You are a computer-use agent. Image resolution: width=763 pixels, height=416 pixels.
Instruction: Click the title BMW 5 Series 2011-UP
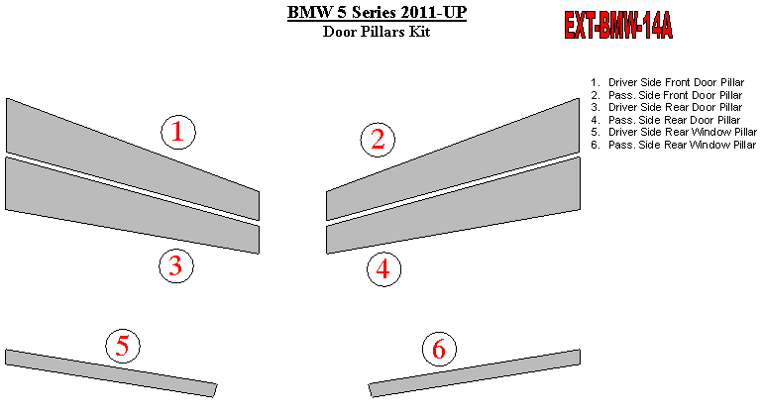point(377,12)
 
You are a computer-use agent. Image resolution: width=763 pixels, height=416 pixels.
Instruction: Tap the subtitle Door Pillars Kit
point(377,32)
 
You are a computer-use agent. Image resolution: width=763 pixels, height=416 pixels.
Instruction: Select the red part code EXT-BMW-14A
point(618,26)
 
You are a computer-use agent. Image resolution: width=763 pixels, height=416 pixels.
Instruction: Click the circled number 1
point(178,132)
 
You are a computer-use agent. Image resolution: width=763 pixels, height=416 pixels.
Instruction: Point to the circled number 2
point(378,140)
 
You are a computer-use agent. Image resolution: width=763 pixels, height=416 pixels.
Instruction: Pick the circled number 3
point(176,265)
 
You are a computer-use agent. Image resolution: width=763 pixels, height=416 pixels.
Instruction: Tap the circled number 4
point(383,269)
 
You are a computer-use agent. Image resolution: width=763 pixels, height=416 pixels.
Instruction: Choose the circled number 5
point(123,346)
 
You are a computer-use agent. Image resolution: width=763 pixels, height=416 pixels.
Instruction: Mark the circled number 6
point(439,349)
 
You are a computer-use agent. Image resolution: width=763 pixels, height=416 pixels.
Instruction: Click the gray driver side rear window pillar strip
point(111,372)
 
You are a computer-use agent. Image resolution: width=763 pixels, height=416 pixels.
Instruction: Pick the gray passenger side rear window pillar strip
point(475,372)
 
